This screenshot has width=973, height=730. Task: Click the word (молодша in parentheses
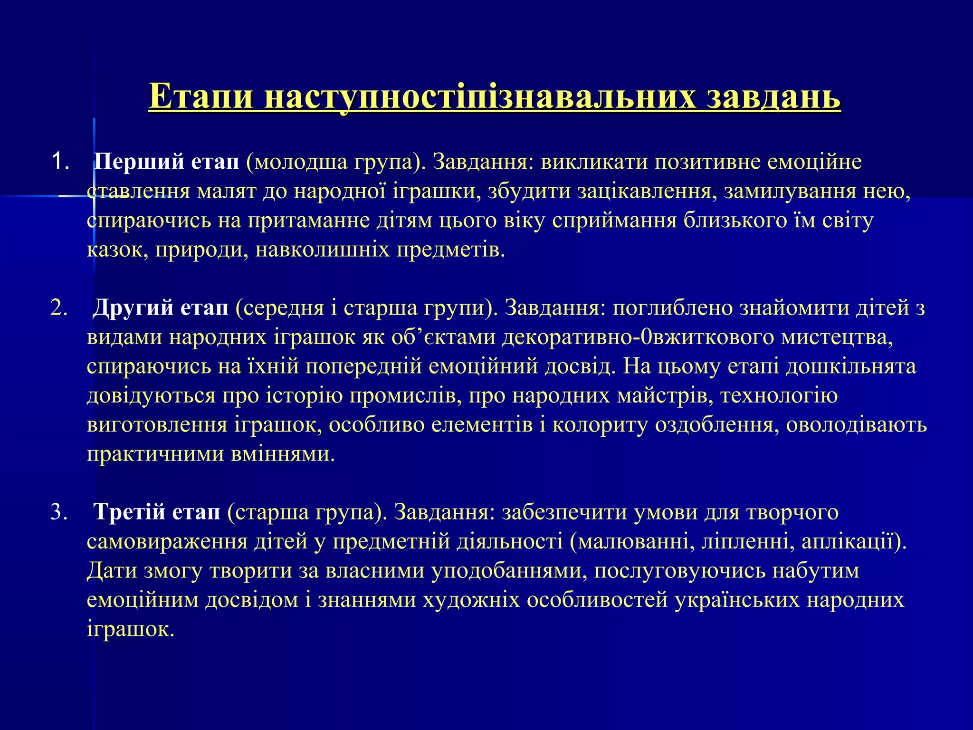296,162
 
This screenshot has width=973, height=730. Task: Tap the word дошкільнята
850,366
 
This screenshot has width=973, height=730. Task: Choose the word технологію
779,395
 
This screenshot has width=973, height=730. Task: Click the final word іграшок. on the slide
131,629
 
